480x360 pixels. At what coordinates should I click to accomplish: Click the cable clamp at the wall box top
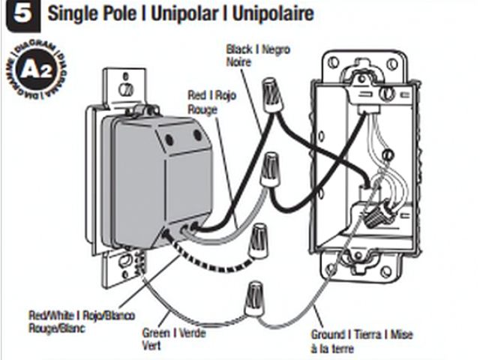pyautogui.click(x=368, y=82)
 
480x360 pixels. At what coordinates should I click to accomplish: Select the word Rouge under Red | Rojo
pyautogui.click(x=203, y=109)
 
